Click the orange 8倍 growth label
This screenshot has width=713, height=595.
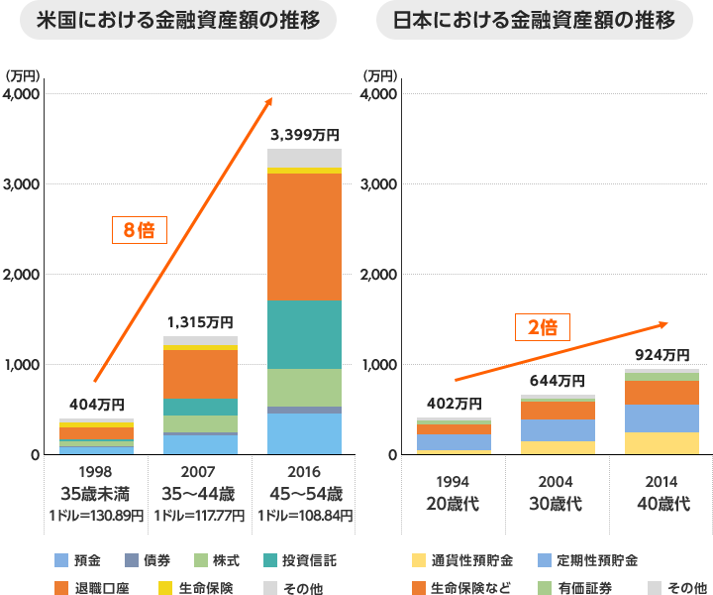(139, 230)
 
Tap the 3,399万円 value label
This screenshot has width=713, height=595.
(304, 134)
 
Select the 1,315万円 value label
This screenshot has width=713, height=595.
(200, 321)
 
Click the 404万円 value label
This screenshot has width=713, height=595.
(96, 404)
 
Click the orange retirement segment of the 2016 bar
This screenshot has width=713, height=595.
(304, 236)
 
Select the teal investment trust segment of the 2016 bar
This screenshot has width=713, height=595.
(304, 334)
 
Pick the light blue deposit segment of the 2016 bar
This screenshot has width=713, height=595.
(304, 433)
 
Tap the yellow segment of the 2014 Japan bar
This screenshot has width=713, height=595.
(662, 443)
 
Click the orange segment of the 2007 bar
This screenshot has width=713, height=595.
(200, 373)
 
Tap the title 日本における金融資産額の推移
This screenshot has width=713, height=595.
(535, 21)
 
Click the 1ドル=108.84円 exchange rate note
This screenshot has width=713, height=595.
(304, 516)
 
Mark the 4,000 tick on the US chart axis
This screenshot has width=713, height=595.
(21, 93)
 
